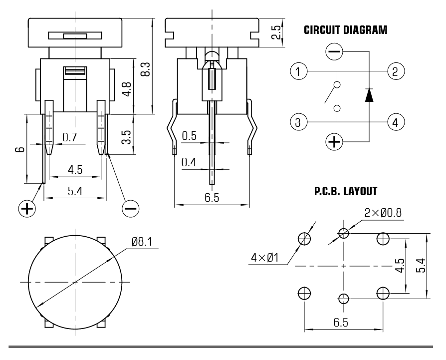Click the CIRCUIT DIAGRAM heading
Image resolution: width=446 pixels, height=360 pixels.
tap(345, 30)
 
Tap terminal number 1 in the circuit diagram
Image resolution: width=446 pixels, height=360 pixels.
tap(298, 71)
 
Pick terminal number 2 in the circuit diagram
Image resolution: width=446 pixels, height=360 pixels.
tap(395, 71)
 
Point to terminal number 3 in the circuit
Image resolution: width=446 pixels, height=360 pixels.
tap(298, 121)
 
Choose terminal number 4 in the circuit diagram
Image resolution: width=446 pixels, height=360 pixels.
tap(395, 121)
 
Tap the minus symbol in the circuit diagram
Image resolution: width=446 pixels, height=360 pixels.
tap(334, 51)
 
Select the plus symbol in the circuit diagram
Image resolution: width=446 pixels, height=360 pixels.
tap(334, 142)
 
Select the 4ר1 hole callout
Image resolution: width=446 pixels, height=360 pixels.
tap(264, 258)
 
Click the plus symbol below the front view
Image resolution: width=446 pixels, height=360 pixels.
tap(27, 208)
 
